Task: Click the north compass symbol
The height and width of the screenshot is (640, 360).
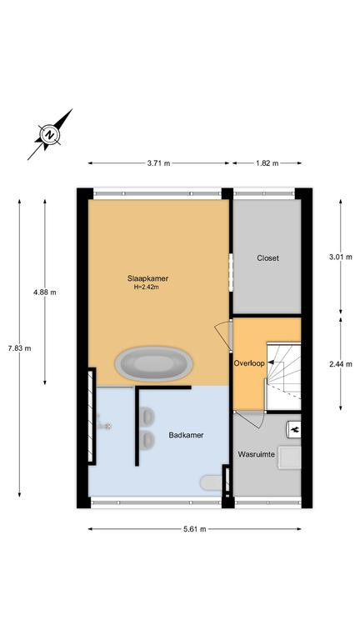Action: point(50,134)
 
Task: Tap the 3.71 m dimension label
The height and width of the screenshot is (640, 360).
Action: point(159,163)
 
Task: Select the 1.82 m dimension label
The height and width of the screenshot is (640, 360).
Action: point(267,163)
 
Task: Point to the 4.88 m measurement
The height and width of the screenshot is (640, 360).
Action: point(45,292)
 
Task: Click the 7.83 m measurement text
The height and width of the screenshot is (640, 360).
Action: point(20,348)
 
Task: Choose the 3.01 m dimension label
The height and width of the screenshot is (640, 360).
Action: point(340,257)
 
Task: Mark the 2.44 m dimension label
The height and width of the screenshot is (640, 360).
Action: point(340,364)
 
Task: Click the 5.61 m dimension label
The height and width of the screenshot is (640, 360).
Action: point(195,529)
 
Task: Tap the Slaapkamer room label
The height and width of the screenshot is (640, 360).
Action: point(147,279)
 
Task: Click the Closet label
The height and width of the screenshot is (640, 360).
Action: point(267,258)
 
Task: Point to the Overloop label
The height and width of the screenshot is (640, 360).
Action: point(248,362)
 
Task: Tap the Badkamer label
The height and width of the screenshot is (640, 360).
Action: point(186,435)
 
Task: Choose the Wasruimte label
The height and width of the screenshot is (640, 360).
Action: point(256,454)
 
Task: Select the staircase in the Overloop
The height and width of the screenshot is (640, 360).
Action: point(283,377)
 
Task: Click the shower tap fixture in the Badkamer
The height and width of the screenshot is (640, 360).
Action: point(103,423)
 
